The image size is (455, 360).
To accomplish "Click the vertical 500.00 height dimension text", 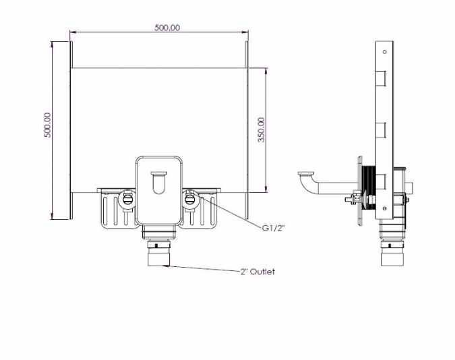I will tap(47, 125).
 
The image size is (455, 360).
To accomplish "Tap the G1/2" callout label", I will tap(273, 228).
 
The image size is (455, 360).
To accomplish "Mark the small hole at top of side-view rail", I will tap(384, 50).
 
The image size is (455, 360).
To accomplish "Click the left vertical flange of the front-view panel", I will tap(70, 129).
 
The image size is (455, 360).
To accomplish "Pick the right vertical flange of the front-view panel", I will tap(247, 129).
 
